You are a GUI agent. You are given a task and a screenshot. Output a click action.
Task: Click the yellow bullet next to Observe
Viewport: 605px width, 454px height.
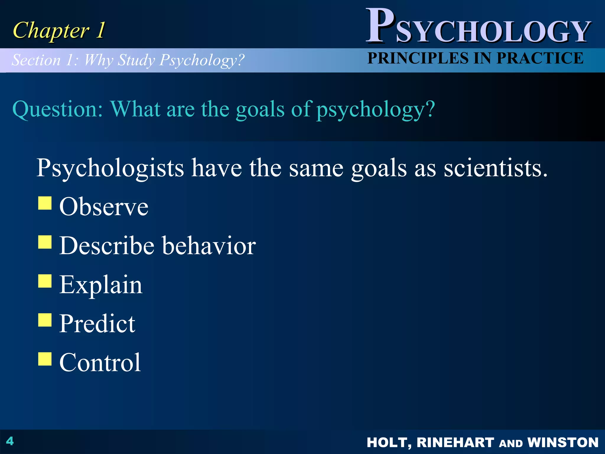click(45, 203)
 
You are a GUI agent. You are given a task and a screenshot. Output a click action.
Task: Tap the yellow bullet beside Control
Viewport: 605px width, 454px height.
click(45, 359)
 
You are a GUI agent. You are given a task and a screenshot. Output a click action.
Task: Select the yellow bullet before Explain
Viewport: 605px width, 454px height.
click(45, 281)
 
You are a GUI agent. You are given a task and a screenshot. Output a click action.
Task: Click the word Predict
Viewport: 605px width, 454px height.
click(97, 324)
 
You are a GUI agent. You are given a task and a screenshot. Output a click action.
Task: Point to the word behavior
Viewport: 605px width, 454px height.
click(209, 246)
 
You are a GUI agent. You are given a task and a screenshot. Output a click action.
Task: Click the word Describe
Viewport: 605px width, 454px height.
click(107, 246)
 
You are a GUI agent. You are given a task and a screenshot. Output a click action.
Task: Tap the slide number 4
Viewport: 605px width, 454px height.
click(10, 441)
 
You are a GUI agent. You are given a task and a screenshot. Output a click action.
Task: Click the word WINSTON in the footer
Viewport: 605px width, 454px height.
click(563, 442)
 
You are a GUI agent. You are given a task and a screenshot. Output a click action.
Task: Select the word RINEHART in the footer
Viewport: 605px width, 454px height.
click(455, 442)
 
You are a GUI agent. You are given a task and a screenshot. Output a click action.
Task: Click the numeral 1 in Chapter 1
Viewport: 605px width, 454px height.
click(100, 30)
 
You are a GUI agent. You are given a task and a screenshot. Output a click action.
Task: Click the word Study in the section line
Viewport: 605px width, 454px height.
click(136, 60)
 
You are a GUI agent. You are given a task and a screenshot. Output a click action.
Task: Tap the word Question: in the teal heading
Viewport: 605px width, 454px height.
click(58, 109)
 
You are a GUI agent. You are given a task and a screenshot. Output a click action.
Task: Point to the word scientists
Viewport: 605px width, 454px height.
click(495, 168)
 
